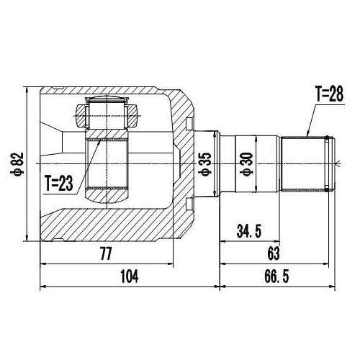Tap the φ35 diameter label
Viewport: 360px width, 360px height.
[x=205, y=164]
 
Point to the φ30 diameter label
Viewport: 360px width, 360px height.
[x=246, y=164]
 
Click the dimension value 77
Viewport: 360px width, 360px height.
[x=106, y=253]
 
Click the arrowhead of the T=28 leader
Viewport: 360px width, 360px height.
[x=307, y=135]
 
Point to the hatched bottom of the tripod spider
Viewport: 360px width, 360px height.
[x=107, y=194]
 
